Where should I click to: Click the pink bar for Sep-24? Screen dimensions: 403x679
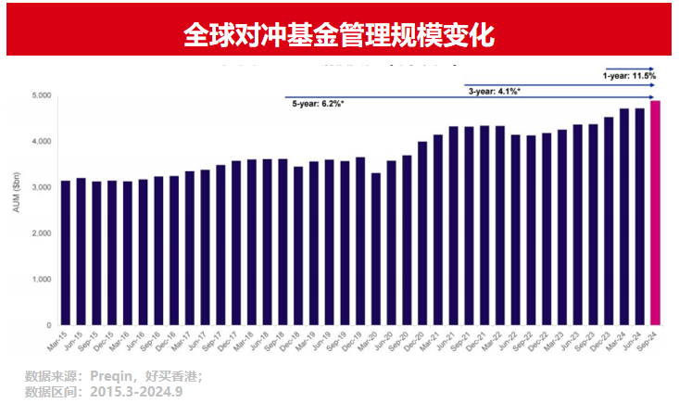coord(656,213)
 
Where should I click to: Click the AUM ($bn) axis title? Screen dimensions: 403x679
coord(18,210)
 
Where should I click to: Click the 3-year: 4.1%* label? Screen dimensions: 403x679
coord(493,92)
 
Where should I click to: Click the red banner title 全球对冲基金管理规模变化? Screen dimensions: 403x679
coord(339,35)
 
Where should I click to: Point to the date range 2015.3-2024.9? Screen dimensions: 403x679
coord(136,391)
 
